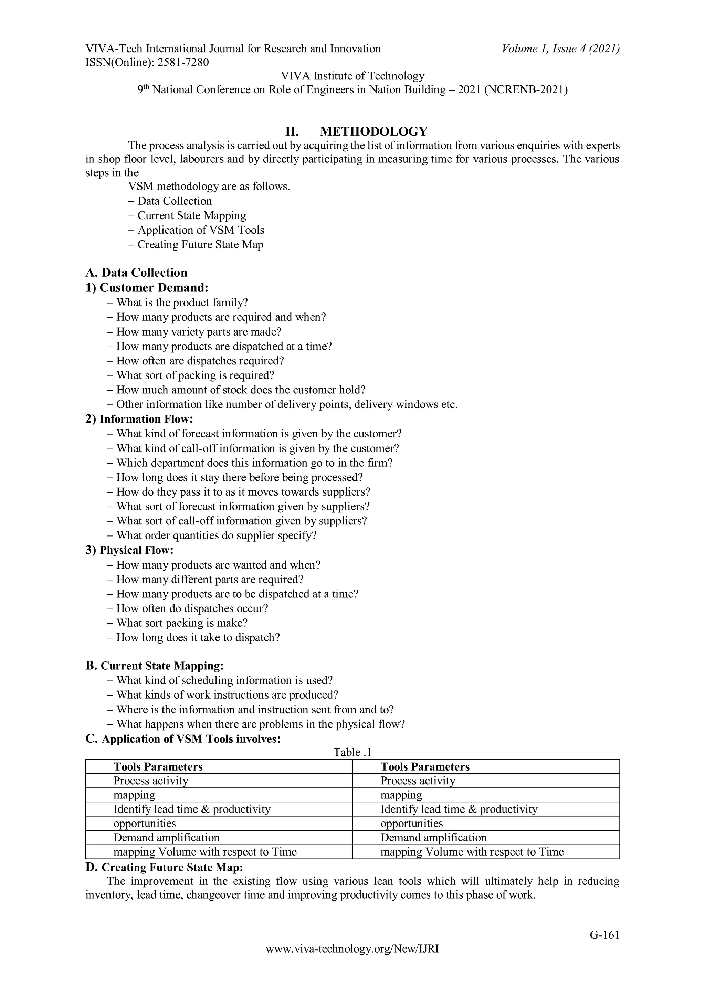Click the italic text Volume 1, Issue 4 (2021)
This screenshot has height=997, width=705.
(560, 49)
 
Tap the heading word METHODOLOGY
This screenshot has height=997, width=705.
(373, 131)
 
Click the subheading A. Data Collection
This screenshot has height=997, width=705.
(136, 273)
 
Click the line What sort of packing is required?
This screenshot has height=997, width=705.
(195, 375)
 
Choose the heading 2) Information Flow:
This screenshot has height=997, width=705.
(139, 419)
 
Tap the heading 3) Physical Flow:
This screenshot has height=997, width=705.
(129, 550)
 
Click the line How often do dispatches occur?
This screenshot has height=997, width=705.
(192, 608)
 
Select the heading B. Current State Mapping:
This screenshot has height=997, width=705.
(155, 666)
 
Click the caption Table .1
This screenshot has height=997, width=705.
(352, 752)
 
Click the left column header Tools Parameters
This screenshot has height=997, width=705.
(158, 767)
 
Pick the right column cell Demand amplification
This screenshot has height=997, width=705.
(433, 838)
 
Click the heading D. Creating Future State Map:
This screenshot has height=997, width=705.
(164, 867)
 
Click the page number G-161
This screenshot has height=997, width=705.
(604, 935)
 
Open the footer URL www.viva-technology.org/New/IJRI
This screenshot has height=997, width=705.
(352, 949)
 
